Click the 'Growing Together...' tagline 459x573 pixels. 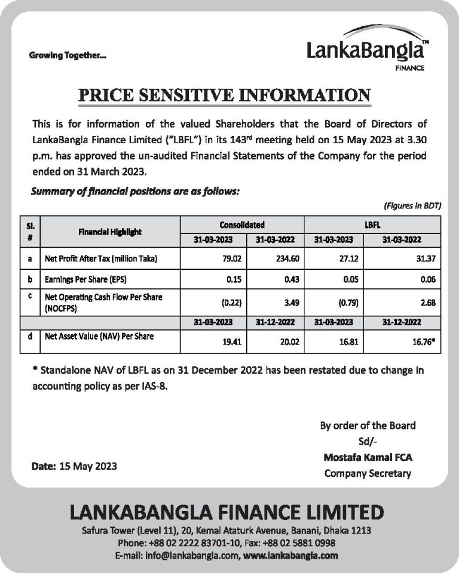point(68,56)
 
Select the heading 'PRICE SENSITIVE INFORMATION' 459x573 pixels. point(225,95)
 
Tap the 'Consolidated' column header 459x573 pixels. point(241,225)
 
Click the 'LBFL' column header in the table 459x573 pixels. point(372,225)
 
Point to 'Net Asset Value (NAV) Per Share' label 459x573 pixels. point(99,337)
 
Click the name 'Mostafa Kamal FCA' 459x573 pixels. point(368,457)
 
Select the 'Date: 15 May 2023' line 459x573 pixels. point(74,466)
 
